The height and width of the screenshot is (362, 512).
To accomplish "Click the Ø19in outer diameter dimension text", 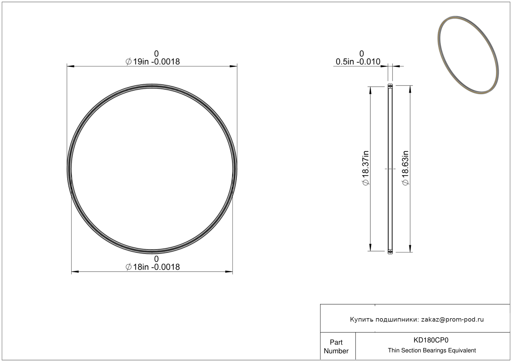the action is coord(153,62).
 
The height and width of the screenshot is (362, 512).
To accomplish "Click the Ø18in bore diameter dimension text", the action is coord(153,267).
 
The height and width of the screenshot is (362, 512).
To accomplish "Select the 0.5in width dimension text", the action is coord(358,62).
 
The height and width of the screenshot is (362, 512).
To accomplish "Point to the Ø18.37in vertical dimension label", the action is coord(366,168).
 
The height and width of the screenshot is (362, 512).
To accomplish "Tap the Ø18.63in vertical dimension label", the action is coord(405,168).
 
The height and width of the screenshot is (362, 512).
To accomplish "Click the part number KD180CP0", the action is coord(431,340).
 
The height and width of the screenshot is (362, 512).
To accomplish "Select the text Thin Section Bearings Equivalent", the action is coord(432,351).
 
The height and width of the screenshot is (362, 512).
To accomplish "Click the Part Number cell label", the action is coord(336,346).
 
